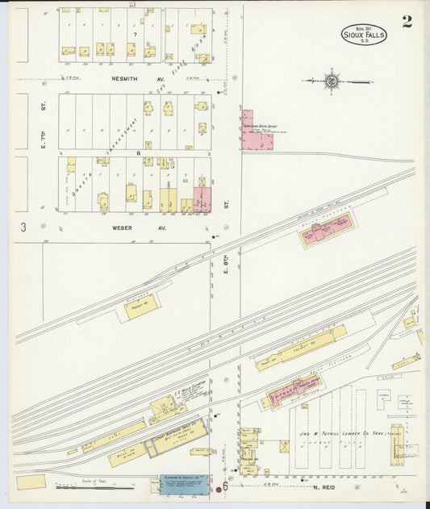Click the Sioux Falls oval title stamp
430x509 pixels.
click(364, 34)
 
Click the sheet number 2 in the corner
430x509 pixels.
click(407, 22)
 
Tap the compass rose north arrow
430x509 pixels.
click(332, 81)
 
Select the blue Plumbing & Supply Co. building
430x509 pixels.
click(182, 483)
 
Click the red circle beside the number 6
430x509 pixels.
click(219, 490)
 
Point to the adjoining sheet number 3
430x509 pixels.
click(23, 227)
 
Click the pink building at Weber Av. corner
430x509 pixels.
click(202, 199)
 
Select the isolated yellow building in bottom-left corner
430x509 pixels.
click(31, 482)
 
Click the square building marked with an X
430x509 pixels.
click(284, 446)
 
